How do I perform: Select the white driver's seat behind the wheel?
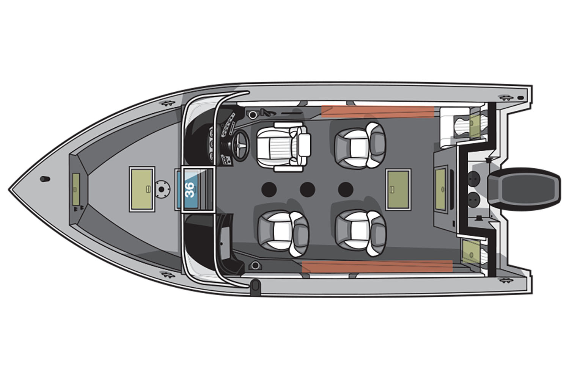click(283, 146)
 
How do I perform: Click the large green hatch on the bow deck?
click(142, 189)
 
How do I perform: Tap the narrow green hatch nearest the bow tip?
click(76, 189)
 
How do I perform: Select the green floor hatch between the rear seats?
click(398, 189)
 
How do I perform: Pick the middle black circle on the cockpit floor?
click(307, 188)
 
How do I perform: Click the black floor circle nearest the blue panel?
click(269, 188)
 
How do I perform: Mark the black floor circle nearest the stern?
click(346, 188)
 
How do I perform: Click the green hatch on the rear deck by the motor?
click(440, 189)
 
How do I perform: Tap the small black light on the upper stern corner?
click(520, 98)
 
